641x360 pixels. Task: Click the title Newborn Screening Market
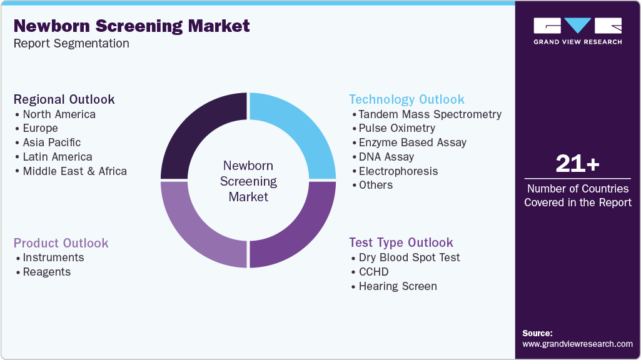tap(131, 26)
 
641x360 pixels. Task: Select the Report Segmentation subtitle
tap(71, 44)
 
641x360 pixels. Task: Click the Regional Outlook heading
tap(64, 99)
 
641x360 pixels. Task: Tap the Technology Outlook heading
tap(406, 99)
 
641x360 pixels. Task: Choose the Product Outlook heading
tap(61, 243)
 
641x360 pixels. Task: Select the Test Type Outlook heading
tap(401, 242)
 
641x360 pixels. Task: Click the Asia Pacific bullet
tap(51, 142)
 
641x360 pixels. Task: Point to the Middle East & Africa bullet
tap(74, 171)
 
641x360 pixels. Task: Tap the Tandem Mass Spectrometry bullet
tap(430, 114)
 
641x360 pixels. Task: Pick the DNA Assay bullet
tap(386, 157)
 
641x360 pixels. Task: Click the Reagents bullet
tap(46, 272)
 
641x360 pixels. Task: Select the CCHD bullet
tap(373, 272)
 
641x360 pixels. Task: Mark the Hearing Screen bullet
tap(397, 286)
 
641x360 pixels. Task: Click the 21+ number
tap(577, 164)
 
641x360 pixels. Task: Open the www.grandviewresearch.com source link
tap(577, 344)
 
